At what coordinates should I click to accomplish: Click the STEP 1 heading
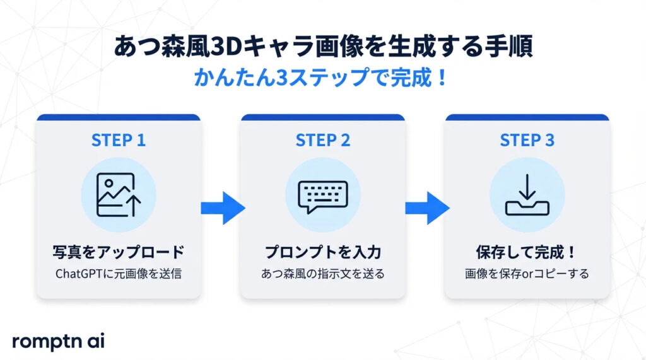point(119,140)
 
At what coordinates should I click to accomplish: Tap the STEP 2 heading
point(322,140)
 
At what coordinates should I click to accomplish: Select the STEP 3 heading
point(527,140)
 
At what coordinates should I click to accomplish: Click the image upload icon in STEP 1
point(119,194)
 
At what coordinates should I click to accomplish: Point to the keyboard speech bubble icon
point(322,194)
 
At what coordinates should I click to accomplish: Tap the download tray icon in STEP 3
point(527,194)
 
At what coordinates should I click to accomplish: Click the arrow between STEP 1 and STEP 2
point(221,207)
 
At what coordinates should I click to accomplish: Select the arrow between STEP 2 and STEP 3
point(426,207)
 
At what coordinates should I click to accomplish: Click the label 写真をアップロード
point(119,252)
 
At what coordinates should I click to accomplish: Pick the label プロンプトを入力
point(322,252)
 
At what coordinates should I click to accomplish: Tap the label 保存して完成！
point(527,252)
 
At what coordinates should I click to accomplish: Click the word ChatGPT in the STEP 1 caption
point(77,274)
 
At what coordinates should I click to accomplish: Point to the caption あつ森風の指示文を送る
point(322,274)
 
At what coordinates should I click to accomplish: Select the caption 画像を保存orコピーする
point(527,274)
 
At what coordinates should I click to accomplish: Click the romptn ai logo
point(58,340)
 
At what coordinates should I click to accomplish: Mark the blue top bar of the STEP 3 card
point(527,117)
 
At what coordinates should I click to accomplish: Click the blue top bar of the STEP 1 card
point(119,117)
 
